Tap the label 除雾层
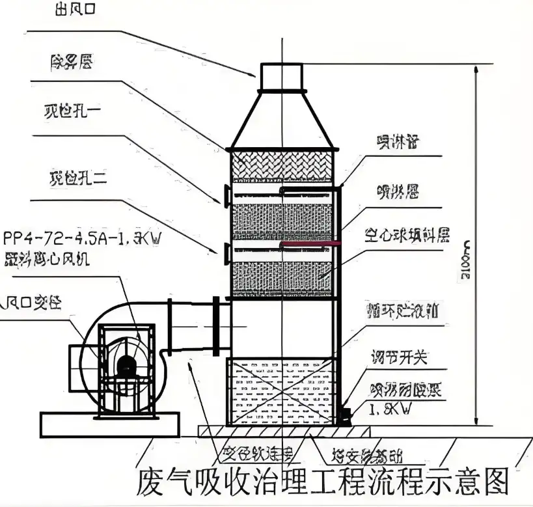click(x=71, y=62)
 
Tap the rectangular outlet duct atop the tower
click(x=282, y=76)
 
